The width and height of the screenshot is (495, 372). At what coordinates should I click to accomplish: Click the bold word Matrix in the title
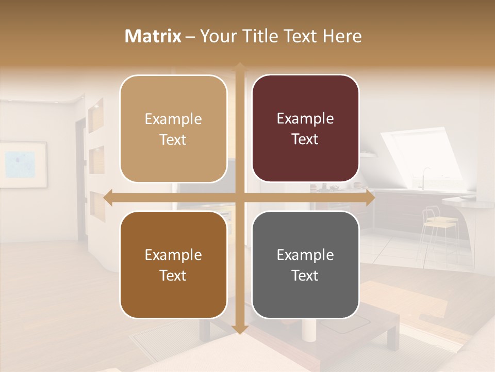(x=153, y=36)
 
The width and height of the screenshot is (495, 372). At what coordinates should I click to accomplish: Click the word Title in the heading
(x=265, y=36)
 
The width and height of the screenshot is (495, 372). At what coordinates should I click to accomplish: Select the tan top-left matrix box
(x=173, y=129)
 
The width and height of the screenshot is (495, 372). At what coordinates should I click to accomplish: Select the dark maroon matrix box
(x=305, y=129)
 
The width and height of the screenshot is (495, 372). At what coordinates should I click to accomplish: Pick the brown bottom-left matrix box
(x=173, y=265)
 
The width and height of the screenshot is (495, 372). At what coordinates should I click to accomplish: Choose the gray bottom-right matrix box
(x=305, y=265)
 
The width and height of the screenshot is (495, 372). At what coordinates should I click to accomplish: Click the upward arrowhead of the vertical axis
(x=239, y=66)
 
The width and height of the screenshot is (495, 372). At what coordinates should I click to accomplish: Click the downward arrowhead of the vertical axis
(x=239, y=330)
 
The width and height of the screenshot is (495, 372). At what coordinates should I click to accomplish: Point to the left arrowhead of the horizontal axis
(x=108, y=198)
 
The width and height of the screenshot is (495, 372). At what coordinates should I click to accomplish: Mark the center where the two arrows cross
(x=239, y=198)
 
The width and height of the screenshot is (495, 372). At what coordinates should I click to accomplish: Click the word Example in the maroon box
(x=305, y=119)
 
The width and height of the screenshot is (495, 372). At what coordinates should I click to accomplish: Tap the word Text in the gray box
(x=305, y=275)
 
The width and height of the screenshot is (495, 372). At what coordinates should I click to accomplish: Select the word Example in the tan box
(x=173, y=119)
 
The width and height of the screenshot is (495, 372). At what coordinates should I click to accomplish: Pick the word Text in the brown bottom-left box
(x=173, y=275)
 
